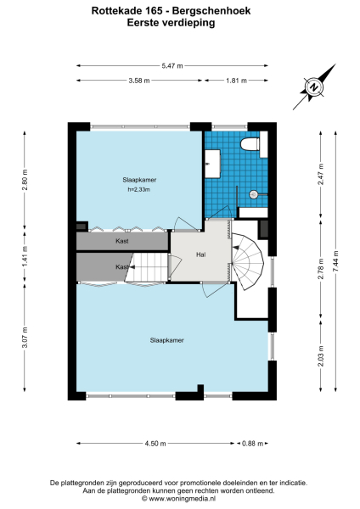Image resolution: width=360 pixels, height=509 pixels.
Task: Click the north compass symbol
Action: coord(313,87)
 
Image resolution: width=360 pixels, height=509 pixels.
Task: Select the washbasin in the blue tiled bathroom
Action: coord(214,161)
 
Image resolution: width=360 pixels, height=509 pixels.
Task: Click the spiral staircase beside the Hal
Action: coord(249,260)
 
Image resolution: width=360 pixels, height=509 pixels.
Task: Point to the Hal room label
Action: coord(200,254)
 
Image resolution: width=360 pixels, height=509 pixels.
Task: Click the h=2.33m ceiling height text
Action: coord(138,189)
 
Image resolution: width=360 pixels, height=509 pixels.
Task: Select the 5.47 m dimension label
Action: coord(174,64)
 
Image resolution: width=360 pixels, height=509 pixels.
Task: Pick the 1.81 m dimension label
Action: coord(237,81)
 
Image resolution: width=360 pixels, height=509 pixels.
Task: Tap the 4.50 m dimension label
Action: coord(155,443)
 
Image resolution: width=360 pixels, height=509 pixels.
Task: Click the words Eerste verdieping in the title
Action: coord(179,24)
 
